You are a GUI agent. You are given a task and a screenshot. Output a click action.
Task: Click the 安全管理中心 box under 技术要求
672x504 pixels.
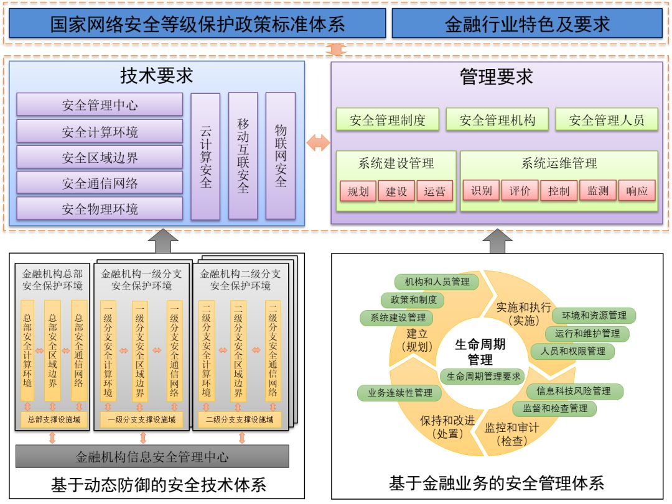click(x=100, y=105)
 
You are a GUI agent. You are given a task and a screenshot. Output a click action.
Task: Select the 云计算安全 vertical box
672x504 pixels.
click(x=205, y=157)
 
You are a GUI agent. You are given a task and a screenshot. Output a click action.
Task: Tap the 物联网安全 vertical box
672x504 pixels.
click(x=281, y=156)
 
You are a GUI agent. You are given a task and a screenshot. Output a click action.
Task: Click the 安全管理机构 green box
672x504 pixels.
click(x=497, y=120)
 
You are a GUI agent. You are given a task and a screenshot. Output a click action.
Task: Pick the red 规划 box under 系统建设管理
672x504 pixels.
click(x=358, y=191)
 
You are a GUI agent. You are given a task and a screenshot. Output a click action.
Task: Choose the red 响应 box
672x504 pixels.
click(x=637, y=191)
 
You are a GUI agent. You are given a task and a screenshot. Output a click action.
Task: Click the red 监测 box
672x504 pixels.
click(x=598, y=191)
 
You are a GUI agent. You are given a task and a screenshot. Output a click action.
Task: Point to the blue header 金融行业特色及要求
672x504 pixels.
click(x=527, y=24)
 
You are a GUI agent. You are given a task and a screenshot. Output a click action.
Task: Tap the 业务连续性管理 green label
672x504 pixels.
click(x=399, y=393)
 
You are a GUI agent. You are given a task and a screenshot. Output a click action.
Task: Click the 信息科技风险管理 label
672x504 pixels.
click(x=573, y=391)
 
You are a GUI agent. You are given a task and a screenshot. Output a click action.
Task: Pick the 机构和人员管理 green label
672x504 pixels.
click(x=437, y=282)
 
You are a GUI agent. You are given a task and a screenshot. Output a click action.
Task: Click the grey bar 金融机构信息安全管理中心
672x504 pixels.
click(x=152, y=457)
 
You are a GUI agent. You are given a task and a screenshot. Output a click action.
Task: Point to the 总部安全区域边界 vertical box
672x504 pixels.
click(x=53, y=351)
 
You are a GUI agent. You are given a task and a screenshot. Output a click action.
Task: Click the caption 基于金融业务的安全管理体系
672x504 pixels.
click(x=497, y=483)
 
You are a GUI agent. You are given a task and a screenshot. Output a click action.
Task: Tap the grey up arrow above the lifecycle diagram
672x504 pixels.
click(x=497, y=241)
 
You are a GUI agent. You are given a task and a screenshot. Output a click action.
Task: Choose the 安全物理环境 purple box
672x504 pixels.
click(x=100, y=209)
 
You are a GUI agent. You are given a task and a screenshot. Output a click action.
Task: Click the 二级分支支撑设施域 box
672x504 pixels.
click(x=240, y=419)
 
